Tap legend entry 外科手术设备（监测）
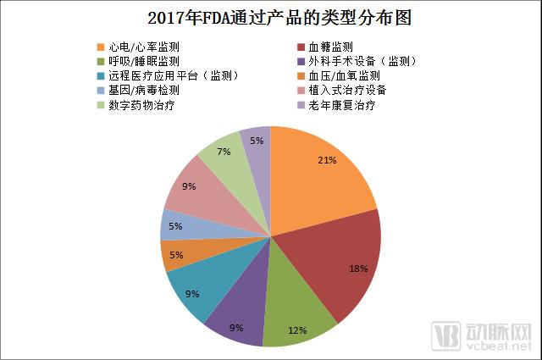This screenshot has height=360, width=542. pos(355,61)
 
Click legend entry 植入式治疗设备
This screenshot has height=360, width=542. pos(348,91)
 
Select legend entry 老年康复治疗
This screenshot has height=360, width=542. pos(342,106)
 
